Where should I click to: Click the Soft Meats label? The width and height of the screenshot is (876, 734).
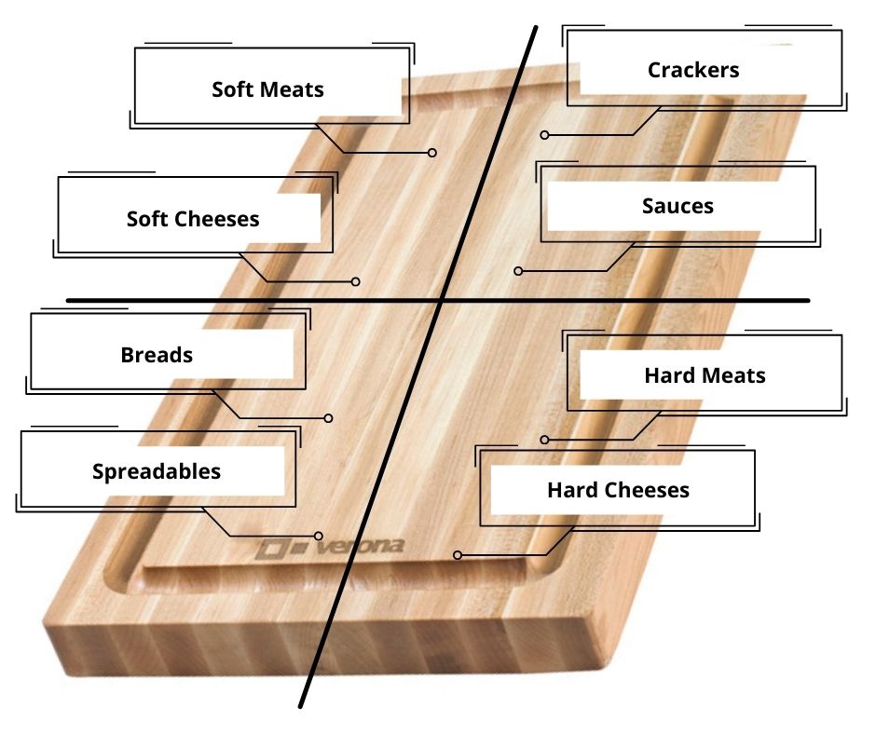coord(267,89)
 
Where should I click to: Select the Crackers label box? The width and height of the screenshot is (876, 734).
coord(693,70)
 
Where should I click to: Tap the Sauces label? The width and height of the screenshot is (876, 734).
coord(678,206)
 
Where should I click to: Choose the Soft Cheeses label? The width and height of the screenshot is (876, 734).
coord(193,219)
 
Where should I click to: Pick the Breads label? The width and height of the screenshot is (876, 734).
coord(157,355)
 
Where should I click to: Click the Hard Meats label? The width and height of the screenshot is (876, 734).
coord(705,375)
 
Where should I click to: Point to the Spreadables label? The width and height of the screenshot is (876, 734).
coord(157,471)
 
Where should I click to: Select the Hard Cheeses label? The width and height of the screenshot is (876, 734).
coord(618,490)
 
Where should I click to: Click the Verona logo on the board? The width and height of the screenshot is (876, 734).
coord(331,548)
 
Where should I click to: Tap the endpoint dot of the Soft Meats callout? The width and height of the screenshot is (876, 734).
coord(432,153)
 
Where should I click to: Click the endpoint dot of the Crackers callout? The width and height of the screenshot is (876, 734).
coord(545,135)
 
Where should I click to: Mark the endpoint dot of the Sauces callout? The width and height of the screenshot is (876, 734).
coord(518,271)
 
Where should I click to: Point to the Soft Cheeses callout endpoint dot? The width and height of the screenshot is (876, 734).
coord(356,281)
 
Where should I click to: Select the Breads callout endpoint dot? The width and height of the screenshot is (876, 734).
coord(329,418)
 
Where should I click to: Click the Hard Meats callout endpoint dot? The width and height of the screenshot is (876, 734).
coord(544,440)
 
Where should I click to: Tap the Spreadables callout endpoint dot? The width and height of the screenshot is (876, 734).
coord(319,537)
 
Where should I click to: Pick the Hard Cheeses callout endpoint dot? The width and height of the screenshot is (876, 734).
coord(458,555)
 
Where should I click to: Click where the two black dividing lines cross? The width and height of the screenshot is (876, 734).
coord(443,300)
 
